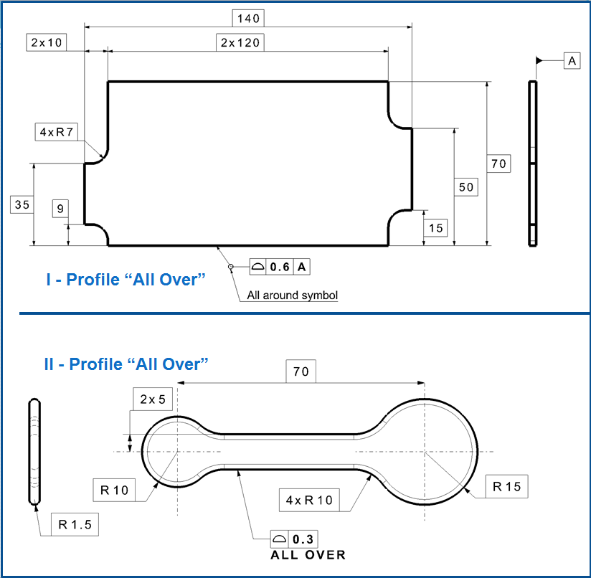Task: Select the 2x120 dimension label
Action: tap(240, 42)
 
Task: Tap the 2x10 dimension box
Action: tap(47, 42)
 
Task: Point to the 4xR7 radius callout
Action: tap(57, 132)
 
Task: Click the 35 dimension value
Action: tap(22, 204)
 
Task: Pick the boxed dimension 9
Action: tap(60, 209)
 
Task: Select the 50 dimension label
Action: tap(466, 186)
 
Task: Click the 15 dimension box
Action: tap(436, 228)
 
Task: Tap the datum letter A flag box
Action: tap(572, 61)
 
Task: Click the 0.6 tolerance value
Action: tap(280, 267)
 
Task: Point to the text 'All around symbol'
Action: tap(292, 295)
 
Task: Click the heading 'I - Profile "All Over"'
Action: tap(126, 280)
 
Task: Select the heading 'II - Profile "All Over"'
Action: tap(126, 364)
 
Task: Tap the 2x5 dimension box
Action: tap(153, 399)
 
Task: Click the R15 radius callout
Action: tap(506, 486)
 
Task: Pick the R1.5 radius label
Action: tap(75, 524)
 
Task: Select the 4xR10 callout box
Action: tap(308, 499)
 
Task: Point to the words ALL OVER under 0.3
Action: tap(308, 555)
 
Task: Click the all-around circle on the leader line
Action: tap(231, 267)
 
